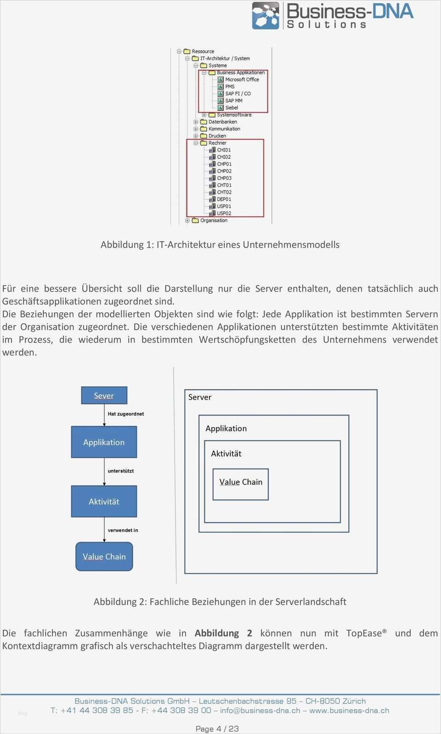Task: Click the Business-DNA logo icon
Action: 266,16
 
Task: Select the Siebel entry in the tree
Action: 231,107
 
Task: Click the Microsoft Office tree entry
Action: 242,79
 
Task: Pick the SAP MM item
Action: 233,101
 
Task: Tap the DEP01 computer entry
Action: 224,199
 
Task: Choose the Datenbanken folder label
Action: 222,122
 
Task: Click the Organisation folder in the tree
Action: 214,220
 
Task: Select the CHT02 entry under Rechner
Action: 224,192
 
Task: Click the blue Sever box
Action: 104,395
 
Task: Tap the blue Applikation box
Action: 104,442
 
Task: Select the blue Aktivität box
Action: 104,501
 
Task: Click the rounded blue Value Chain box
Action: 104,556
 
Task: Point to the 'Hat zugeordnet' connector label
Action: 125,414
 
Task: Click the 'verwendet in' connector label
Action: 123,530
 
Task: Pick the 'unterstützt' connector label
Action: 121,471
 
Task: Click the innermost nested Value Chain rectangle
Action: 240,484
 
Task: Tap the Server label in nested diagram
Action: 200,397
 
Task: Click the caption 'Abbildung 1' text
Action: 220,244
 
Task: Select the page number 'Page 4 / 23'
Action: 217,728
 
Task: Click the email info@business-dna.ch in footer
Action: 260,711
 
